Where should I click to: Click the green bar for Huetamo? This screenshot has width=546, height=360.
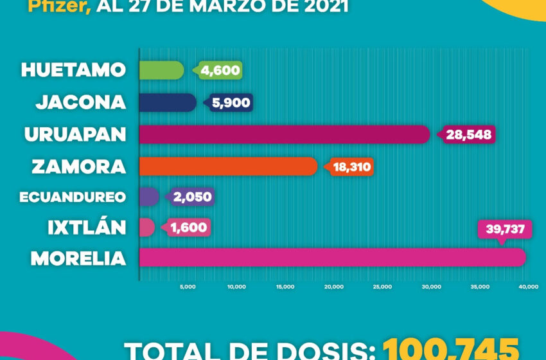(161, 70)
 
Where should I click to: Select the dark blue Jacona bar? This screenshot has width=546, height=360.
(168, 102)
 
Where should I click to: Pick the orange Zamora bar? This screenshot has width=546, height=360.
(228, 166)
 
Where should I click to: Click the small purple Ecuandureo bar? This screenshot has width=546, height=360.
(149, 197)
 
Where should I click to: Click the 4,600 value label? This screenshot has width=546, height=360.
(220, 71)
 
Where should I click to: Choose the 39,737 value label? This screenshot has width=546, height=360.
(505, 230)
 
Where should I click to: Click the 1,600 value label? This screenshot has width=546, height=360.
(189, 228)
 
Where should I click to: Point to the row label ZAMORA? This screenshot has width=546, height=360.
(79, 167)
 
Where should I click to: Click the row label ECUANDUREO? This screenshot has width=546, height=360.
(73, 197)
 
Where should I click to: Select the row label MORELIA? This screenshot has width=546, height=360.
(78, 258)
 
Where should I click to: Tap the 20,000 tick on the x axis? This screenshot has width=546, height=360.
(334, 287)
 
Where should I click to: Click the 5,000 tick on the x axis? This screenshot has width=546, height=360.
(188, 287)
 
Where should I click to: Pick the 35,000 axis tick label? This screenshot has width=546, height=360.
(480, 287)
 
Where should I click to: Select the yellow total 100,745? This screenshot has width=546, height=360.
(450, 349)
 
